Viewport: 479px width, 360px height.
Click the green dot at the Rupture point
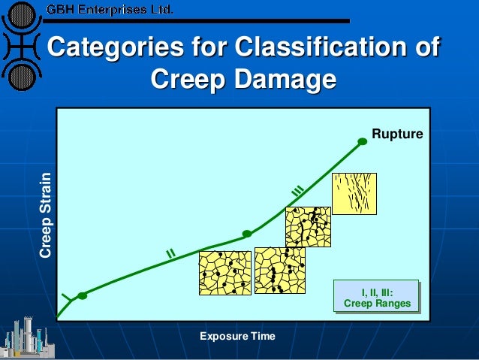(x=363, y=141)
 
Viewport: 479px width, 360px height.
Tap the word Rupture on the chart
(x=404, y=134)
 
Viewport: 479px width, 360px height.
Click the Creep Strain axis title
(x=47, y=216)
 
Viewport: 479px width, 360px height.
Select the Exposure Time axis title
(x=237, y=335)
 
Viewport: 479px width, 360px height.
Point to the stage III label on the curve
(x=297, y=192)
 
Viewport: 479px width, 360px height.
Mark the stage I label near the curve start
(x=66, y=300)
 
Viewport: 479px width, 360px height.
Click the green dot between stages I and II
(x=83, y=295)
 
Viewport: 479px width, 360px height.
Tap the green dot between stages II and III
(x=247, y=233)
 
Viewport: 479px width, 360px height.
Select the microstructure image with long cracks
(x=354, y=193)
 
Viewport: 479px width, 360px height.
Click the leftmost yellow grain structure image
(x=224, y=272)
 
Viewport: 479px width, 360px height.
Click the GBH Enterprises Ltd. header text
(x=110, y=11)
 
